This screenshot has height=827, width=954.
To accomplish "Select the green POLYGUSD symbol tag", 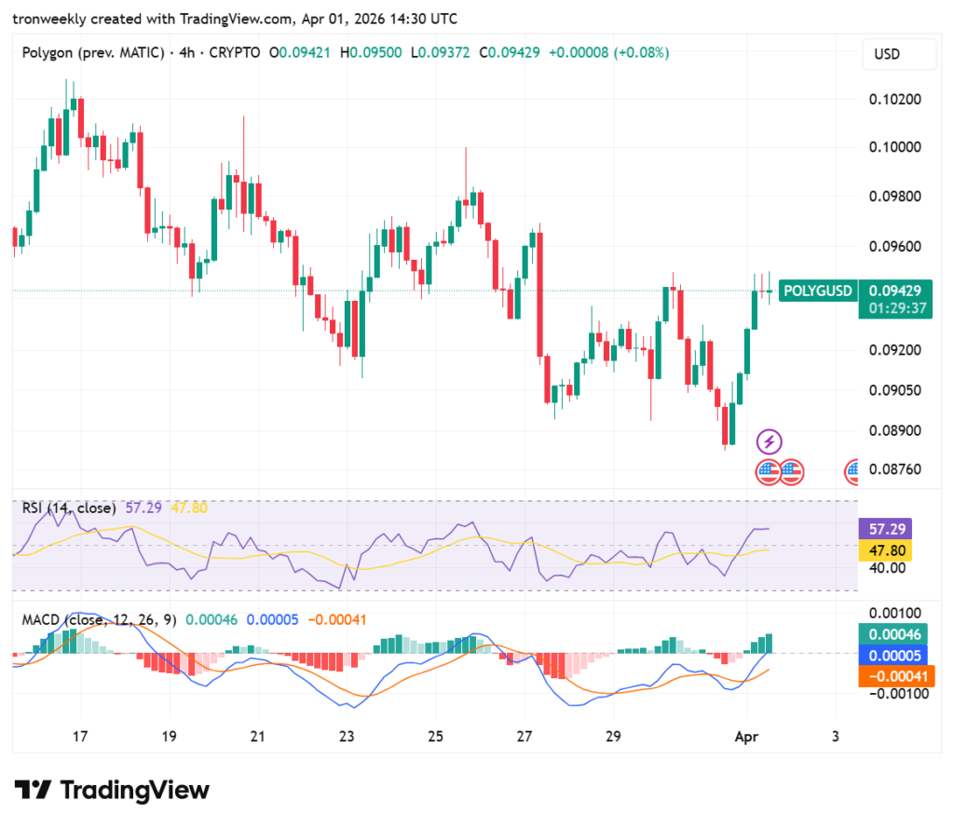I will click(x=817, y=291).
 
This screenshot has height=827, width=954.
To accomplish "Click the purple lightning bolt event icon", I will click(x=769, y=441).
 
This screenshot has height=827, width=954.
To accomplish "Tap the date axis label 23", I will click(x=347, y=737).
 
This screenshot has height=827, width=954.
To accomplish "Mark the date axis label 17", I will click(x=80, y=737).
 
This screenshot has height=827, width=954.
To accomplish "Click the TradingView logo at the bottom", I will click(x=112, y=791).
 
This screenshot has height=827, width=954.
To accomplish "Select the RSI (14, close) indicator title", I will click(x=69, y=508).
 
